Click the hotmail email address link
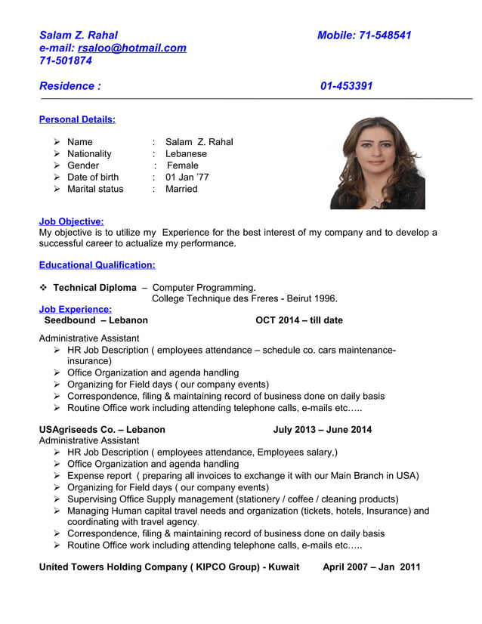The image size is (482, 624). pos(131,48)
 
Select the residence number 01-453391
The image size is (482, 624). pos(346,86)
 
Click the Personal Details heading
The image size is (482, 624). pos(77,119)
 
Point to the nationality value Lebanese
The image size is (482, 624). pos(186,153)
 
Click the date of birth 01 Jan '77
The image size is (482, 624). pos(187,177)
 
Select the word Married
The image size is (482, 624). pos(181,189)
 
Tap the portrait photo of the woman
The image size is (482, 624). pos(377,162)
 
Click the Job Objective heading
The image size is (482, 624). pos(71,221)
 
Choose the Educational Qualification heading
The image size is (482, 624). pos(97,265)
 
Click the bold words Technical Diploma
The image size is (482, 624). pos(94,288)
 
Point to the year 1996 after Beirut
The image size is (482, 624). pos(326,298)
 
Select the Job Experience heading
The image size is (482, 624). pos(75,309)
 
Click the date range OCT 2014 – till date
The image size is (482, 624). pos(299,320)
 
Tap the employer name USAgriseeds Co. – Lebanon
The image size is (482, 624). pos(102,430)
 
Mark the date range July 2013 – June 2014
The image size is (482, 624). pos(323,430)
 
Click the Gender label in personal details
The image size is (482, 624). pos(83,165)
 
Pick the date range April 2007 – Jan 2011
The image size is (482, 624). pos(371,567)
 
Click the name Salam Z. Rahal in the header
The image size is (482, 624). pos(79,35)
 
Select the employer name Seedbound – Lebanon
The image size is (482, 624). pos(96,320)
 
